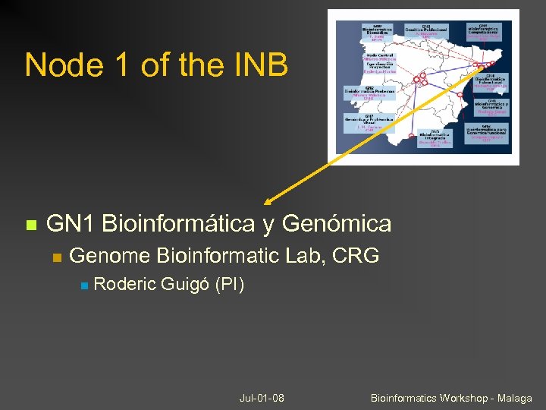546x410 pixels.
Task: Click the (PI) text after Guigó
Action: tap(230, 285)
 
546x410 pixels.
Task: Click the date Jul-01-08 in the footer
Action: tap(262, 398)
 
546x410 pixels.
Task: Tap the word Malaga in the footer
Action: tap(514, 398)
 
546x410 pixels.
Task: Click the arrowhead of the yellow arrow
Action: tap(268, 201)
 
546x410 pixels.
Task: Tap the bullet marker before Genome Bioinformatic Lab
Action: tap(56, 257)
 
